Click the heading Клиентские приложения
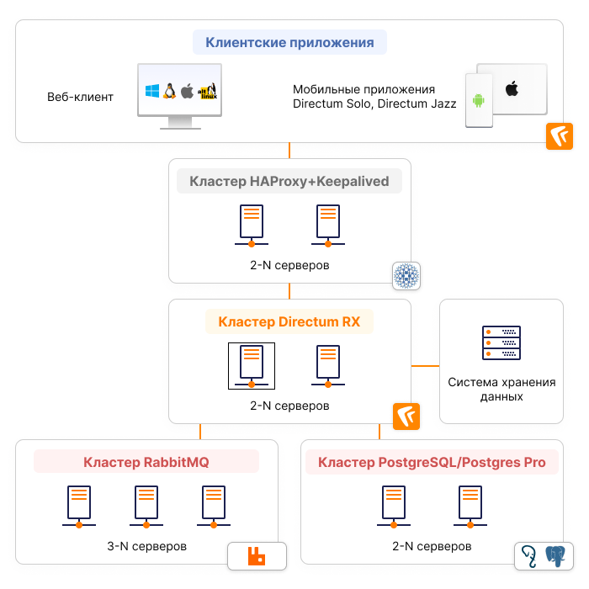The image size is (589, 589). pyautogui.click(x=289, y=42)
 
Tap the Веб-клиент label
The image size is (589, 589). pyautogui.click(x=80, y=97)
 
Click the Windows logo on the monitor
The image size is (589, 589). pyautogui.click(x=152, y=91)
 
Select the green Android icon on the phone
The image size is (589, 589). pyautogui.click(x=479, y=101)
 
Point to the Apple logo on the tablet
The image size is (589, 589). pyautogui.click(x=511, y=88)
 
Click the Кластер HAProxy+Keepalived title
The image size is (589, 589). pyautogui.click(x=289, y=181)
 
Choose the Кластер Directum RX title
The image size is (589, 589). pyautogui.click(x=289, y=321)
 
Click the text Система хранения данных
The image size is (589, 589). pyautogui.click(x=501, y=390)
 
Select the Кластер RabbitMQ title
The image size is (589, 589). pyautogui.click(x=146, y=462)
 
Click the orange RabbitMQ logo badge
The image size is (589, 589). pyautogui.click(x=257, y=555)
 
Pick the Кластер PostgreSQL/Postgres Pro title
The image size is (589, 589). pyautogui.click(x=432, y=462)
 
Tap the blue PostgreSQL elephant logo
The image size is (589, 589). pyautogui.click(x=556, y=554)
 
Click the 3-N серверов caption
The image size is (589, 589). pyautogui.click(x=146, y=546)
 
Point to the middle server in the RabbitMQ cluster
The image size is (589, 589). pyautogui.click(x=146, y=507)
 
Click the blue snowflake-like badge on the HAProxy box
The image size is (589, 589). pyautogui.click(x=406, y=275)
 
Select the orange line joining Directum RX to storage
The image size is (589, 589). pyautogui.click(x=425, y=366)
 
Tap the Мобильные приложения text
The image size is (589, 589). pyautogui.click(x=363, y=89)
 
